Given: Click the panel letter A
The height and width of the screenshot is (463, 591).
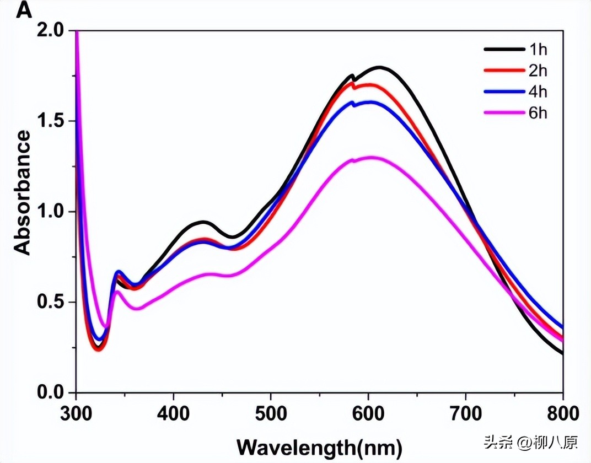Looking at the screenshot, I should click(x=25, y=10).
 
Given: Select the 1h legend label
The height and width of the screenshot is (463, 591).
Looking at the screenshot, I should click(x=538, y=50).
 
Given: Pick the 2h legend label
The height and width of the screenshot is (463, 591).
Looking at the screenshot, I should click(x=538, y=71).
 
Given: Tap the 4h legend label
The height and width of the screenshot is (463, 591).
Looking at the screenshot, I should click(x=538, y=91).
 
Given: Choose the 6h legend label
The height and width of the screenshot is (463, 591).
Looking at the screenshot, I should click(x=538, y=113).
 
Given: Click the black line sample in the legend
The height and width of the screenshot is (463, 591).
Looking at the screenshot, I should click(x=504, y=50).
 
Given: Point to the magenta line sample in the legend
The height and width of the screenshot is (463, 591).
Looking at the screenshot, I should click(x=504, y=113).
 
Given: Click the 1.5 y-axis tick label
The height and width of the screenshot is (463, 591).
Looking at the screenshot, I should click(x=53, y=121).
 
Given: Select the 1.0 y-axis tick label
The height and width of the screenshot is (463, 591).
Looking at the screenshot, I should click(x=53, y=212).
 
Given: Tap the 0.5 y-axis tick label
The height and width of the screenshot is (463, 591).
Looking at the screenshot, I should click(x=53, y=302).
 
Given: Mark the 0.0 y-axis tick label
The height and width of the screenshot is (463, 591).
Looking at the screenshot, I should click(x=53, y=392).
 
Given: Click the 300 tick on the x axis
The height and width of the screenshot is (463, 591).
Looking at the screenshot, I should click(x=76, y=413).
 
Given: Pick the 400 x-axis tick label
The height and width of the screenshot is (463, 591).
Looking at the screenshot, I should click(x=174, y=413).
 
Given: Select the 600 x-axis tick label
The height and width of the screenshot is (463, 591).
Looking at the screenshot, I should click(x=368, y=413).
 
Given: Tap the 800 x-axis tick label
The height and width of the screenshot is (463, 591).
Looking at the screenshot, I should click(x=562, y=413).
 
